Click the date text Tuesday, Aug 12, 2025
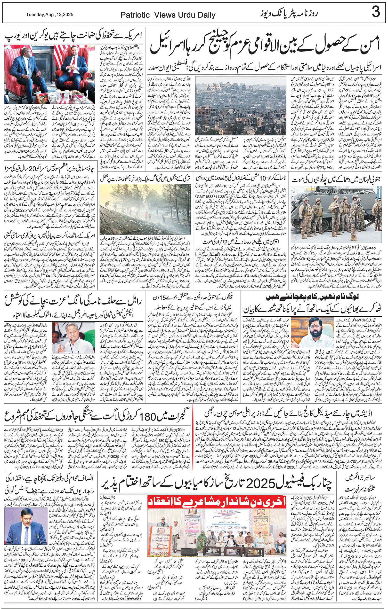point(50,15)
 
